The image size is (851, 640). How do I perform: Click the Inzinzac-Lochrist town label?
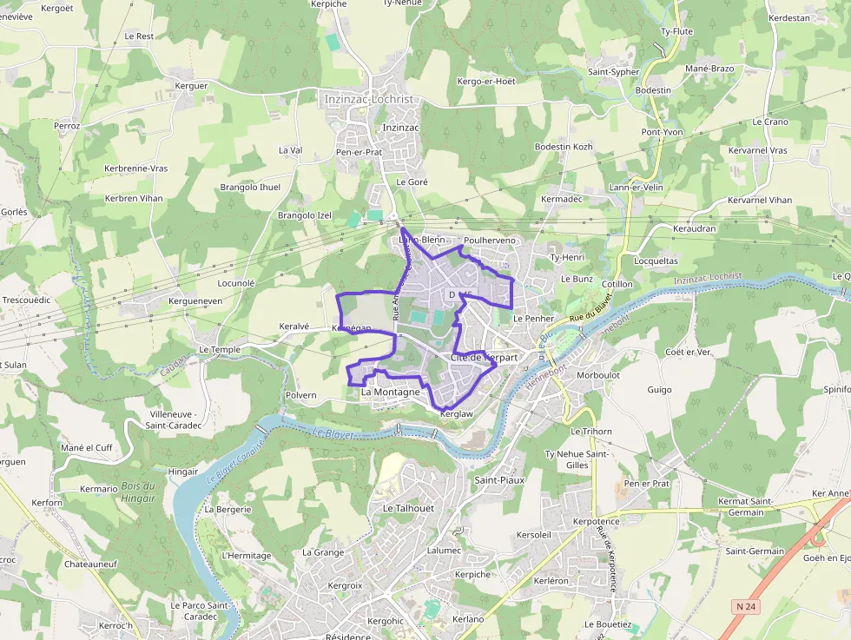coord(368,99)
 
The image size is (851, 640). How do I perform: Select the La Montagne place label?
coord(390,393)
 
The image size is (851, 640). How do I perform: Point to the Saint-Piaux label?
coord(499,479)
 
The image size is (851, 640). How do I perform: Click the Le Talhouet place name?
coord(407,508)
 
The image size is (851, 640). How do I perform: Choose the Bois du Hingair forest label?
coord(138,492)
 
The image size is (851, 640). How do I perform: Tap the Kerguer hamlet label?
coord(192,86)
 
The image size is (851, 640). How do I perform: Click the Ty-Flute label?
coord(676,31)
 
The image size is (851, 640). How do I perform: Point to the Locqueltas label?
coord(656,261)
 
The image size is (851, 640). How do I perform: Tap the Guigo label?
coord(659,390)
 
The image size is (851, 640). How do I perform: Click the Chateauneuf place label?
coord(90,564)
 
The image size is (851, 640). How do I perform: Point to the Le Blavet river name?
coord(327,432)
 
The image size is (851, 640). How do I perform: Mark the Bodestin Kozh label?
coord(564,147)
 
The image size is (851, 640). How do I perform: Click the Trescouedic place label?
coord(27,300)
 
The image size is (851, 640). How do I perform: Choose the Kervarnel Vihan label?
coord(760,200)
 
